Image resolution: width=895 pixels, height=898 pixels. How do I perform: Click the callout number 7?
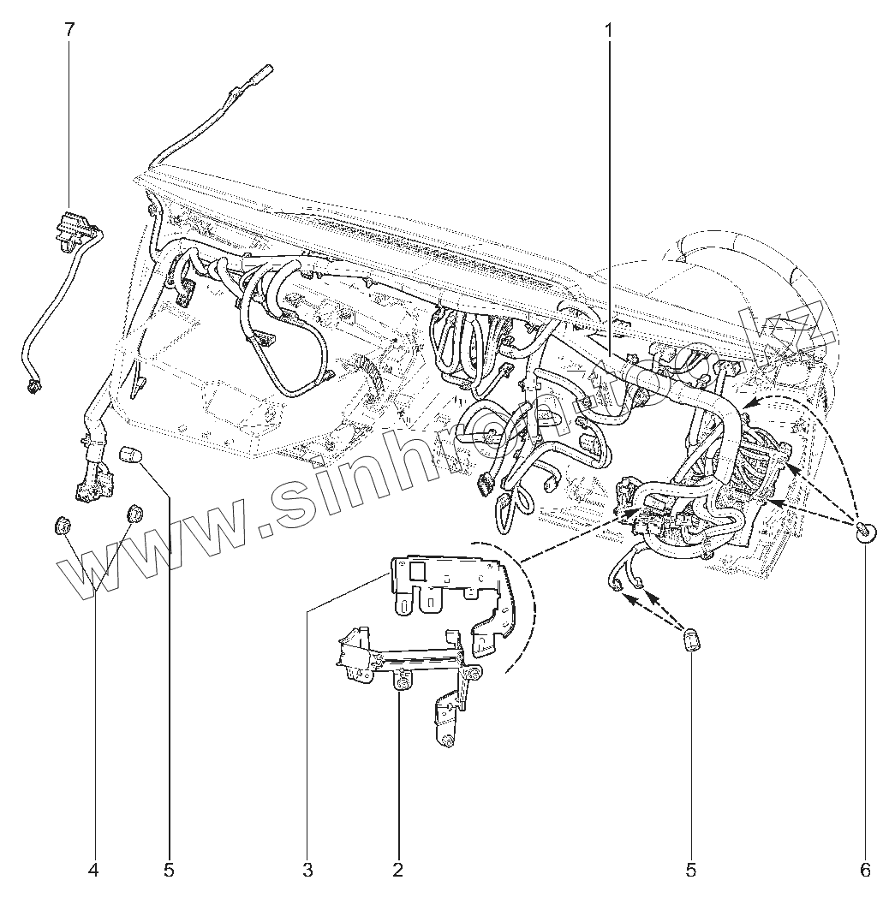tap(69, 29)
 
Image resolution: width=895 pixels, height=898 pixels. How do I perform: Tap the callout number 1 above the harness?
tap(609, 29)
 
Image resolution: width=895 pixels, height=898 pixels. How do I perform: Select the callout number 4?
tap(93, 870)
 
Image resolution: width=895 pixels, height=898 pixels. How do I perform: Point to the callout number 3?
tap(307, 870)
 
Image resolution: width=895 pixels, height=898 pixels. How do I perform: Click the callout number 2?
tap(397, 870)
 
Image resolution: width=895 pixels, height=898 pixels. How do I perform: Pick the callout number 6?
tap(865, 870)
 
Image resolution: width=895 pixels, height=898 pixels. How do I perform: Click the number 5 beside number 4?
tap(169, 870)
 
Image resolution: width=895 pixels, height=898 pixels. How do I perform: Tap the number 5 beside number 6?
tap(690, 870)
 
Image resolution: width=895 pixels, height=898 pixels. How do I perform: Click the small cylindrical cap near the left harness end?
tap(128, 453)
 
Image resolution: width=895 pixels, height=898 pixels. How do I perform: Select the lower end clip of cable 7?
tap(33, 387)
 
